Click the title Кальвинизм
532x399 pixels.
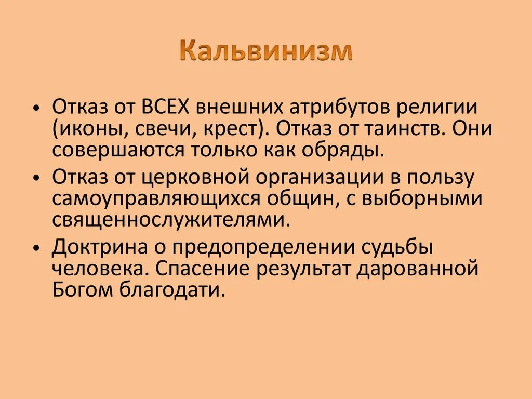(266, 53)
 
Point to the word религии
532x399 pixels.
(451, 108)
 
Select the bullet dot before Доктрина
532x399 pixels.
(36, 248)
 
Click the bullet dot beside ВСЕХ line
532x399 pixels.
(36, 108)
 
